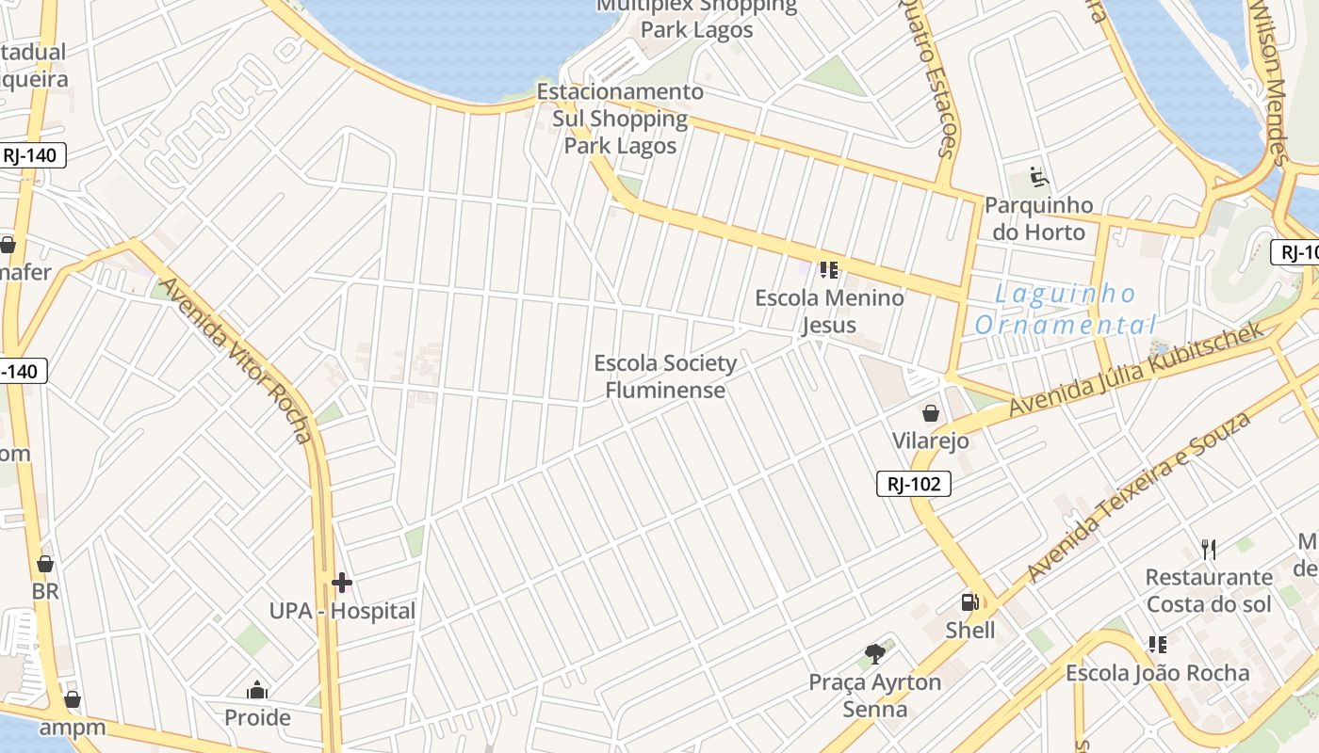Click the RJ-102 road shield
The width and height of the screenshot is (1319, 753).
[x=913, y=484]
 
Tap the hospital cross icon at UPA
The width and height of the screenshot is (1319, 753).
[x=342, y=583]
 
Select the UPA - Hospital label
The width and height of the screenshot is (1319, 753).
[x=342, y=611]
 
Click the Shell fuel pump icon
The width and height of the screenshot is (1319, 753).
[x=969, y=602]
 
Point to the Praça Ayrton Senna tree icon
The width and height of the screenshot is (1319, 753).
[x=875, y=653]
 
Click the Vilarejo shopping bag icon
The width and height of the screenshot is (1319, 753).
[x=931, y=413]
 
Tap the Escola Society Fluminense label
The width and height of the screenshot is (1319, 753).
[x=665, y=376]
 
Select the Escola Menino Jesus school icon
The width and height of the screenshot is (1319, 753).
[x=829, y=271]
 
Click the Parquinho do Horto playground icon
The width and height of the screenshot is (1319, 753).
[x=1039, y=177]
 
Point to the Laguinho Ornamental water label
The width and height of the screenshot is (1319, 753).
[x=1065, y=311]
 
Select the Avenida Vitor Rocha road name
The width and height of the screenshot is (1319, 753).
[x=236, y=359]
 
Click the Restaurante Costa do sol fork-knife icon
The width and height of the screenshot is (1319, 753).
[x=1209, y=549]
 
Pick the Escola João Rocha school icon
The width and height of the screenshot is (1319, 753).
[x=1158, y=645]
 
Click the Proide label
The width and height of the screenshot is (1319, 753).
[x=257, y=718]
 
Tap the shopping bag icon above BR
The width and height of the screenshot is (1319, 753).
[x=44, y=564]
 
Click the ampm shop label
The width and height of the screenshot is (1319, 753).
[x=72, y=728]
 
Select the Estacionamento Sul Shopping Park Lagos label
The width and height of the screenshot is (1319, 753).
[x=620, y=119]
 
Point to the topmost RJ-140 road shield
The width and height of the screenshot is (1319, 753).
[x=29, y=155]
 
